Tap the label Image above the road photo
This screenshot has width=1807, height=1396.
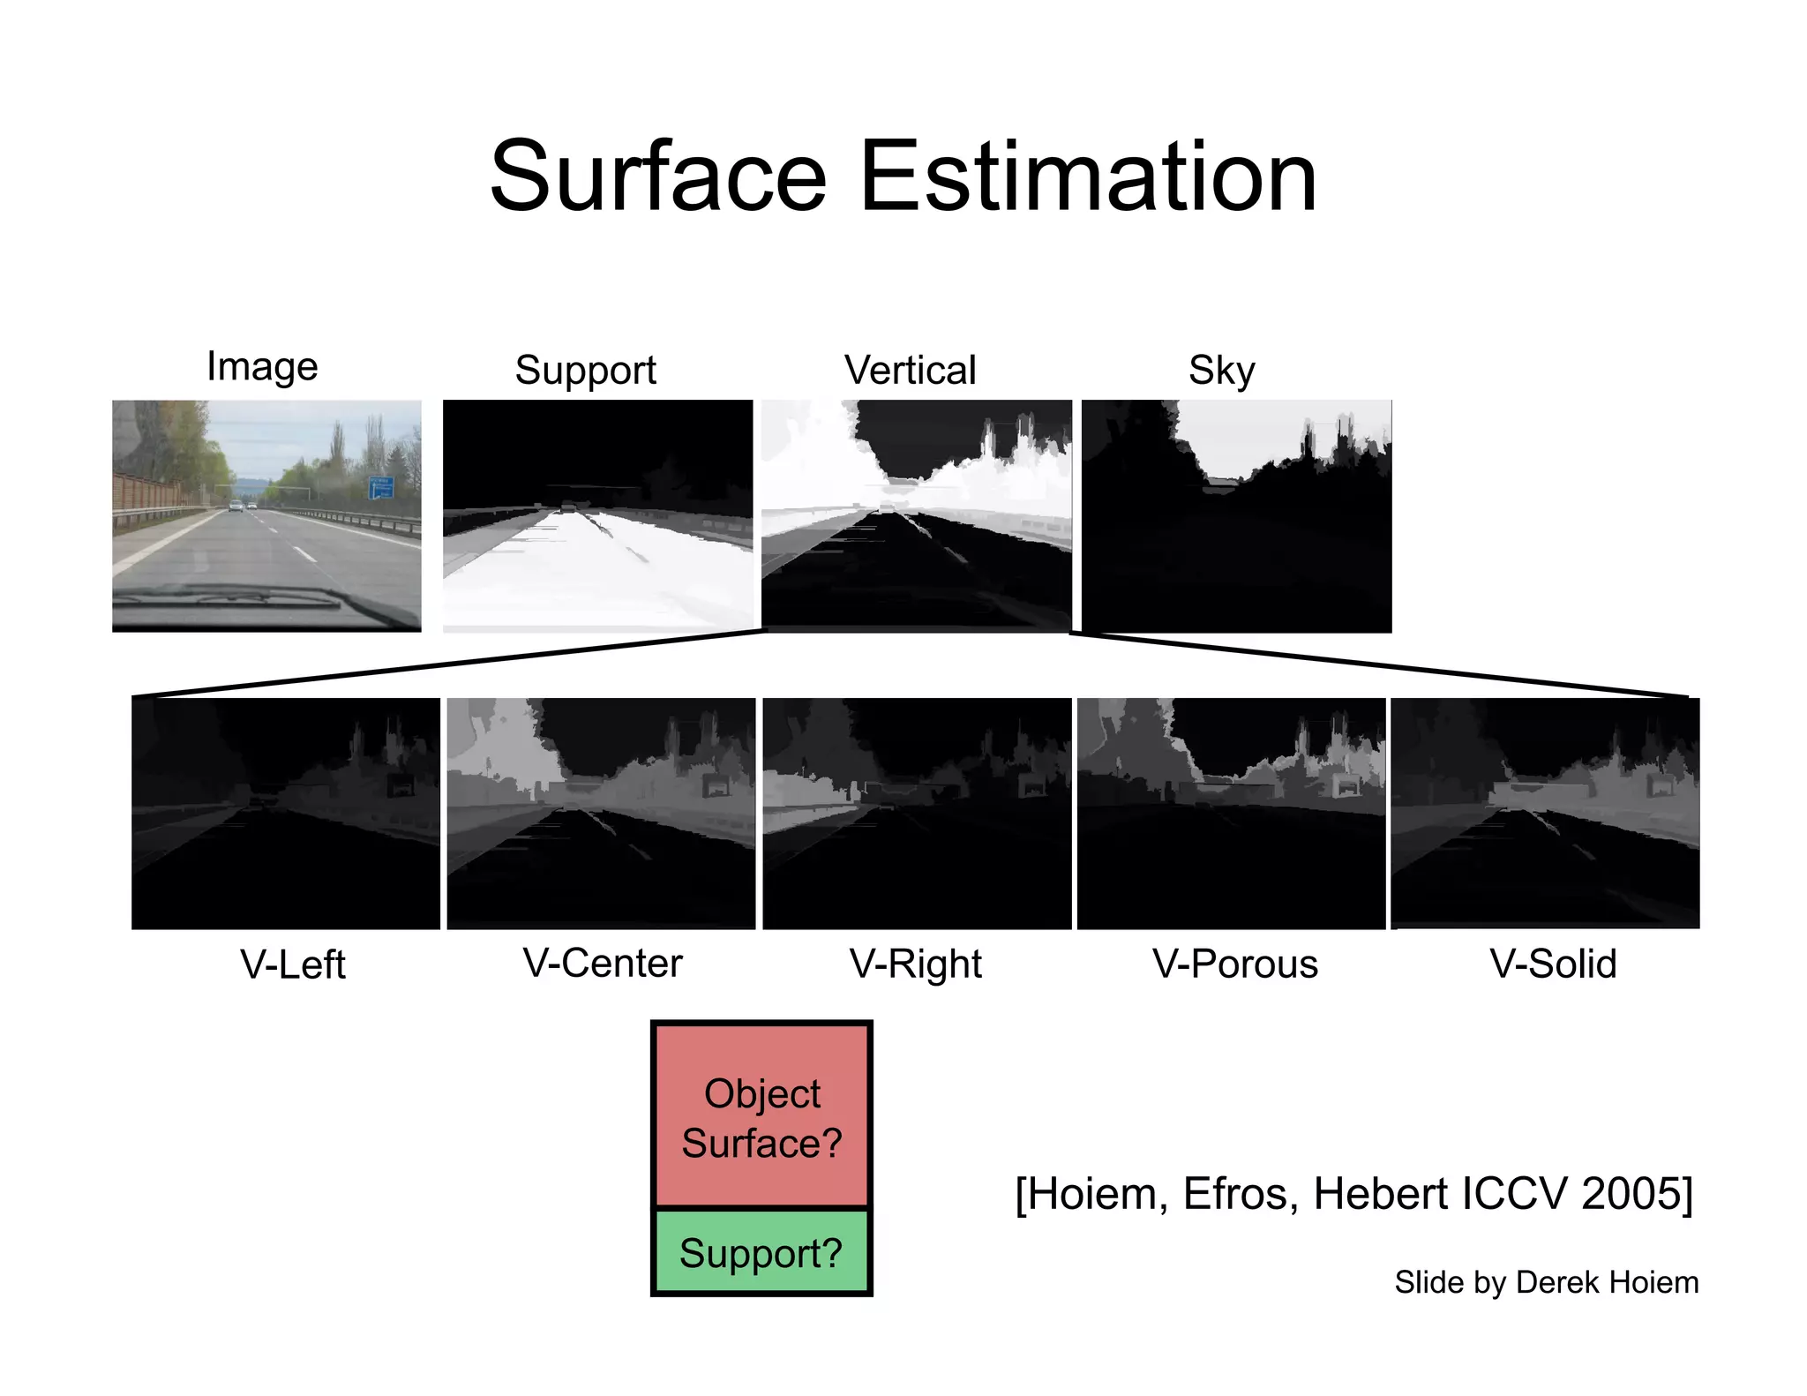(x=262, y=366)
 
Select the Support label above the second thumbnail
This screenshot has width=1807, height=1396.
(x=585, y=370)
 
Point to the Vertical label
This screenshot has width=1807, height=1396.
(x=910, y=370)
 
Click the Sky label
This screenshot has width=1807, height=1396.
(x=1221, y=371)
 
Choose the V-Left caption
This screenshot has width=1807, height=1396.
(x=292, y=964)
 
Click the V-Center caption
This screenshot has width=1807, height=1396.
(x=603, y=963)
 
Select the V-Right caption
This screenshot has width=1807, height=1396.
(x=915, y=964)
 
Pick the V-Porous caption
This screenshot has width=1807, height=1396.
(x=1234, y=964)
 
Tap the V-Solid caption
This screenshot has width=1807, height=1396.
(x=1553, y=964)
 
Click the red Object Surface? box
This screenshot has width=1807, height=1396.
(x=761, y=1116)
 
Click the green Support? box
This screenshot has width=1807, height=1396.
(x=761, y=1253)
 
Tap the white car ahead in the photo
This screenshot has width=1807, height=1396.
(x=236, y=506)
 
